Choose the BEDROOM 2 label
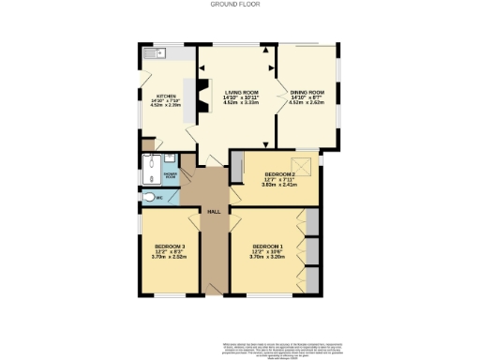[x=278, y=174]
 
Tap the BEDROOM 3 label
[x=171, y=247]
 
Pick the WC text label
[x=159, y=199]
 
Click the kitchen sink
[x=153, y=52]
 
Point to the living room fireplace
[x=200, y=98]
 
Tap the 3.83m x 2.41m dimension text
[x=278, y=185]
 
